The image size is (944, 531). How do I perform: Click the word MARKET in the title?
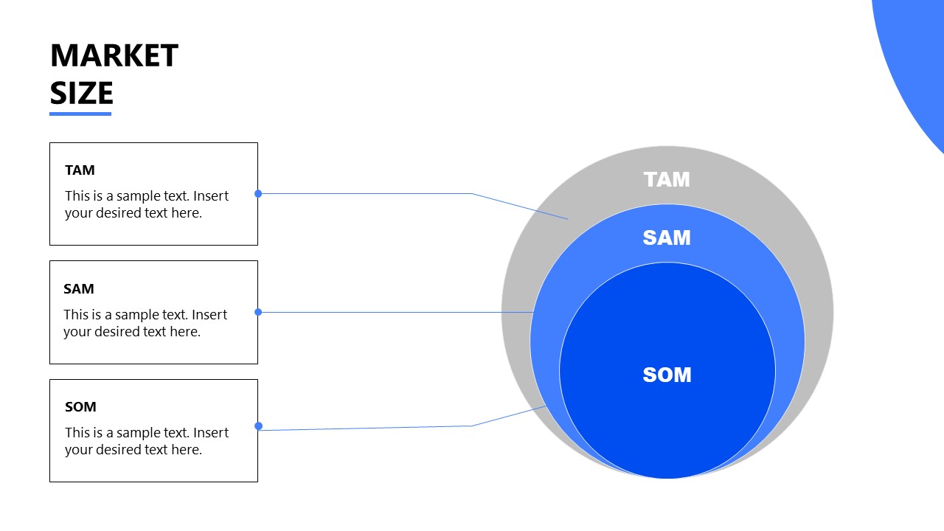[x=114, y=56]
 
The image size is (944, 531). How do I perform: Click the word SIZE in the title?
[x=81, y=93]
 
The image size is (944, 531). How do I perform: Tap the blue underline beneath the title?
[x=80, y=114]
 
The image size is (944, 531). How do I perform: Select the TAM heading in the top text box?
[x=80, y=170]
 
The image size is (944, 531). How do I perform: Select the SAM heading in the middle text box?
[x=79, y=289]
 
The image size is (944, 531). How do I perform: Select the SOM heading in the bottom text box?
[x=80, y=407]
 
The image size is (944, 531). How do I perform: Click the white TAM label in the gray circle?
[x=667, y=180]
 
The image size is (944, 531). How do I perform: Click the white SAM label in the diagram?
[x=667, y=237]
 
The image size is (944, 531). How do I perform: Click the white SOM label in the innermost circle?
[x=667, y=375]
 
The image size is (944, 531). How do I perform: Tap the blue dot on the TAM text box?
[x=258, y=194]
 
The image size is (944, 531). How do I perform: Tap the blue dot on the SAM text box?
[x=258, y=312]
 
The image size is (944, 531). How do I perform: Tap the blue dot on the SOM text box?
[x=258, y=426]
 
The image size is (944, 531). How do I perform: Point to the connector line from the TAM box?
[x=369, y=194]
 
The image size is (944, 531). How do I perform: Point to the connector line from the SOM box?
[x=369, y=428]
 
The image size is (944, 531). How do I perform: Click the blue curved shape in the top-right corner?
[x=914, y=59]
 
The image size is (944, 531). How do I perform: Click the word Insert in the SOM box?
[x=211, y=433]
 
